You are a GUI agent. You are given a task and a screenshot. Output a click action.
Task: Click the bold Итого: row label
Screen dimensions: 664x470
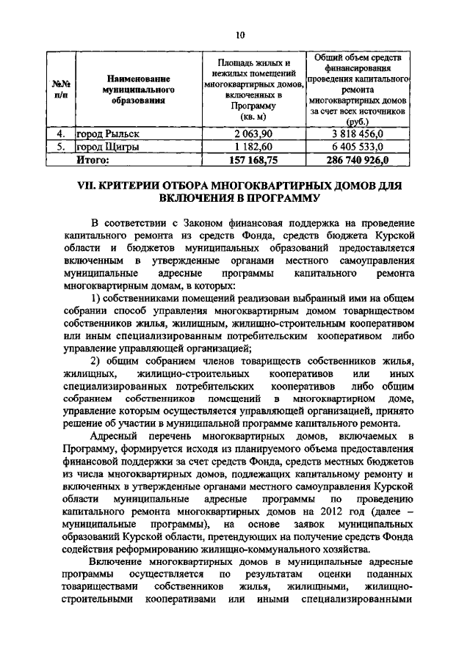pyautogui.click(x=93, y=158)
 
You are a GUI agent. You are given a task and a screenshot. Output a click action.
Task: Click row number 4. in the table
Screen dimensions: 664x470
pyautogui.click(x=62, y=134)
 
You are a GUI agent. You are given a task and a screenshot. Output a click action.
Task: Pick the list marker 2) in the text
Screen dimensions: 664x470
pyautogui.click(x=95, y=360)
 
